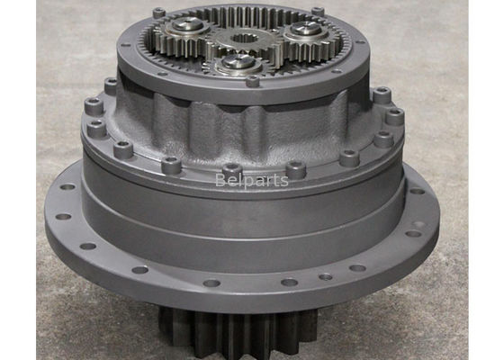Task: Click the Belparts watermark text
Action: (x=251, y=180)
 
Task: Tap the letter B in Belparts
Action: (x=220, y=180)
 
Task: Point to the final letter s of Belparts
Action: (x=284, y=182)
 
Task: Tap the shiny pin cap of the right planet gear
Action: (x=306, y=29)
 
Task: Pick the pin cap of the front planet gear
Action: (x=238, y=61)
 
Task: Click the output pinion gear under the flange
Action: (x=238, y=333)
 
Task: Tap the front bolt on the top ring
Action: (x=252, y=80)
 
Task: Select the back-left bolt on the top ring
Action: (x=158, y=13)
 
